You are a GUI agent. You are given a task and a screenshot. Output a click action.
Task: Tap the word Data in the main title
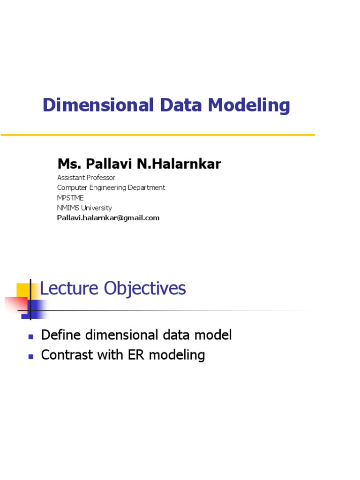click(180, 105)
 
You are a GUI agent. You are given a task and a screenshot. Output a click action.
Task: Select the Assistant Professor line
click(86, 178)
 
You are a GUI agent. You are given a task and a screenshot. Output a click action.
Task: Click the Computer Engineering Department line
click(111, 187)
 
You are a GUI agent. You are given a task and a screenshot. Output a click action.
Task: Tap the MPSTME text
click(70, 198)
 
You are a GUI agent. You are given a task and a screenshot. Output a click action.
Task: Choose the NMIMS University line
click(84, 208)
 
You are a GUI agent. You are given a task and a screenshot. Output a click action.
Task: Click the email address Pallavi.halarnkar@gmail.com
click(108, 218)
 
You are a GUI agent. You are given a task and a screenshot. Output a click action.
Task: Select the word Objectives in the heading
click(145, 288)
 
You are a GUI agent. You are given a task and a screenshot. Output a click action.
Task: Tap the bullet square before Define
click(31, 337)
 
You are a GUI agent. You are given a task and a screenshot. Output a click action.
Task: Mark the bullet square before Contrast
click(31, 356)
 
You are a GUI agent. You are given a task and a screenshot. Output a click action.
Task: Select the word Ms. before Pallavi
click(68, 164)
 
